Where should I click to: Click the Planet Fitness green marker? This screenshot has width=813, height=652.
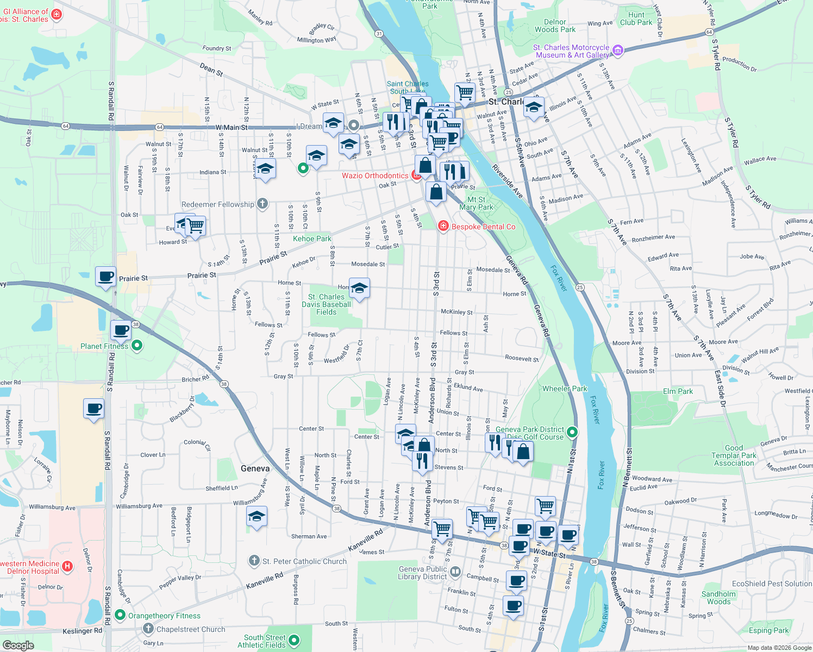[137, 345]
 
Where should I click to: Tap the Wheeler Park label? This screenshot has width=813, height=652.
[565, 388]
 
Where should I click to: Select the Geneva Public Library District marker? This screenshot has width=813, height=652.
[455, 572]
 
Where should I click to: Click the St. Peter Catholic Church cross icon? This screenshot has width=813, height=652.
[254, 560]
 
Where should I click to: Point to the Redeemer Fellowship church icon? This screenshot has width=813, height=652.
[262, 204]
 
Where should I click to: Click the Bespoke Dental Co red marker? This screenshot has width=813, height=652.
[443, 226]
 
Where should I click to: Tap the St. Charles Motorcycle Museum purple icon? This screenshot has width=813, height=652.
[617, 51]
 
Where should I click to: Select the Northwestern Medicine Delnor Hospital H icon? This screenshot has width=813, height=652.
[67, 567]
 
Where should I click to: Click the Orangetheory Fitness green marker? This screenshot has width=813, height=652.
[121, 616]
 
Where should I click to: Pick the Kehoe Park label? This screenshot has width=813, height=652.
[312, 239]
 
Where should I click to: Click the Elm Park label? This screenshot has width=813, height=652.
[678, 391]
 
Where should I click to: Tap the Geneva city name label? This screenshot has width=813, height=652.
[255, 468]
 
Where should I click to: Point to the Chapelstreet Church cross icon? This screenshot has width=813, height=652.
[148, 629]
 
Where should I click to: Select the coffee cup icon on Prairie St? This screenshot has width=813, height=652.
[106, 276]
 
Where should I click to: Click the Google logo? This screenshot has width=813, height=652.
[18, 645]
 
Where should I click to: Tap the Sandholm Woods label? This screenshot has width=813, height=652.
[718, 598]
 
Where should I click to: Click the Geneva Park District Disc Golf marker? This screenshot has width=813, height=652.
[572, 432]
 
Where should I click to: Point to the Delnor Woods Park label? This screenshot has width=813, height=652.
[555, 26]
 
